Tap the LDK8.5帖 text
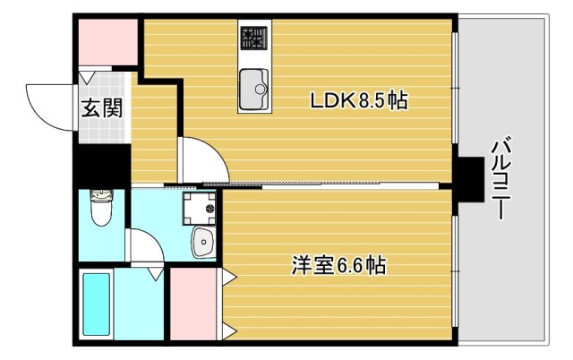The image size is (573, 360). pyautogui.click(x=358, y=101)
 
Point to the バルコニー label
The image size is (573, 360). pyautogui.click(x=501, y=179)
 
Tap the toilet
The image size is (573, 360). pyautogui.click(x=100, y=211)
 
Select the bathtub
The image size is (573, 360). pyautogui.click(x=97, y=304)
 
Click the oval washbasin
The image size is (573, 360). pyautogui.click(x=203, y=241)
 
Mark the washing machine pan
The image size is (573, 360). pyautogui.click(x=198, y=209)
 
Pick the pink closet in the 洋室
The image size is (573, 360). pyautogui.click(x=191, y=304)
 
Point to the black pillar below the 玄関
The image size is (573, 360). pyautogui.click(x=101, y=167)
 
